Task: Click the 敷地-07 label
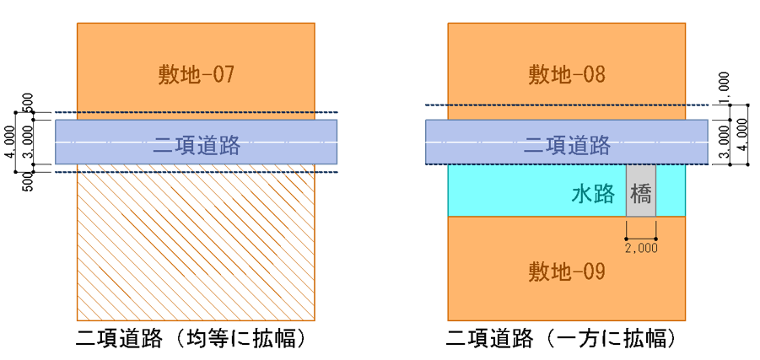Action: [x=196, y=75]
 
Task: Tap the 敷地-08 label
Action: [x=567, y=75]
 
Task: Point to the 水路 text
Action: [x=594, y=195]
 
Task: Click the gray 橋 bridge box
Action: [x=641, y=190]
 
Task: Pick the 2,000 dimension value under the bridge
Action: [x=641, y=249]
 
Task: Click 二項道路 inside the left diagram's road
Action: [x=197, y=145]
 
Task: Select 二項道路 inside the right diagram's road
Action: [x=566, y=145]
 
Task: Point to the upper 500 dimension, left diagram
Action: [x=28, y=102]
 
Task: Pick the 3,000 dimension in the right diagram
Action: [x=724, y=142]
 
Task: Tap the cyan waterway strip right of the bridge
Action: [x=671, y=190]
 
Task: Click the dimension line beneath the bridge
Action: [x=641, y=239]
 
